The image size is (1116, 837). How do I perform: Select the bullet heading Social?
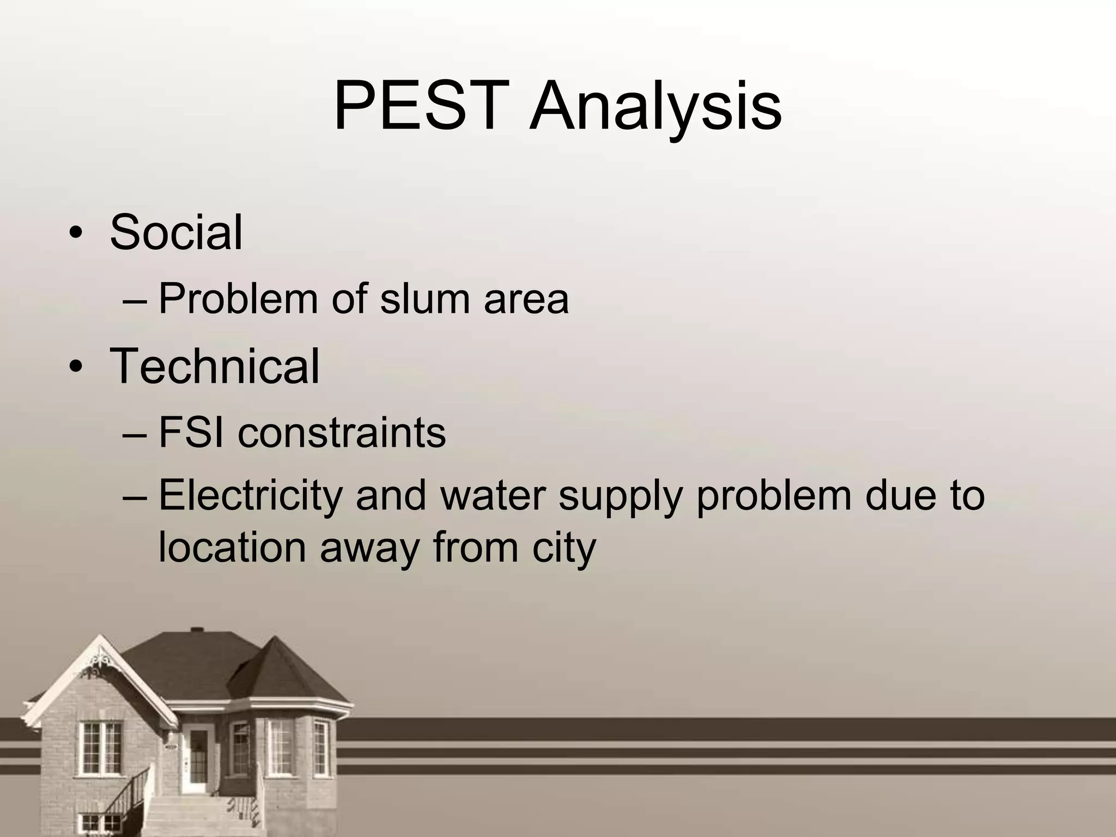[x=176, y=233]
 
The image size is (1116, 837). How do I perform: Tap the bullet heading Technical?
[x=215, y=366]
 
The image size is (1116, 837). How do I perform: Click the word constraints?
[x=342, y=433]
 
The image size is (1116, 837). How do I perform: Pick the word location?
[x=232, y=547]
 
